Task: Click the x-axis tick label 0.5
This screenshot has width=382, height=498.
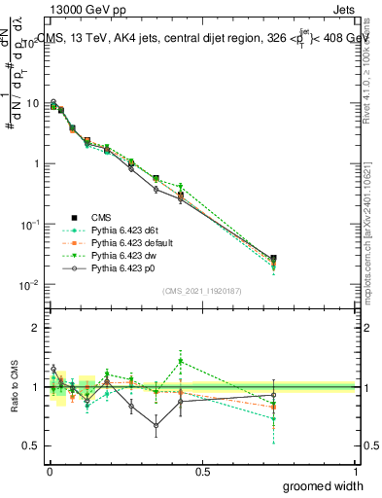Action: (x=202, y=471)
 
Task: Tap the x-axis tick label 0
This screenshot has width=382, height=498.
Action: (x=49, y=471)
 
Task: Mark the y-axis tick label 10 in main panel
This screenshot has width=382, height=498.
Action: (x=31, y=103)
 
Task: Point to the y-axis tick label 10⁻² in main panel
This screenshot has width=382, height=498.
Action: (x=29, y=284)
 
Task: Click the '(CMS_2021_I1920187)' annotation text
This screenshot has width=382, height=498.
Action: (x=201, y=290)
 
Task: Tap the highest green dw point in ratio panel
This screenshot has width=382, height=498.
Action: (x=181, y=361)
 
